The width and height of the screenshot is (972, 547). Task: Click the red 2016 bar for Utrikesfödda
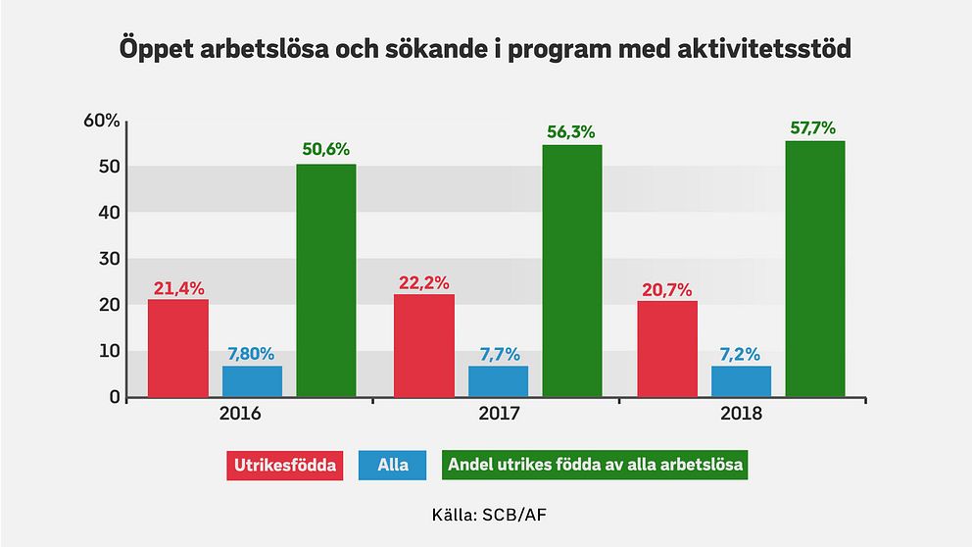pyautogui.click(x=178, y=348)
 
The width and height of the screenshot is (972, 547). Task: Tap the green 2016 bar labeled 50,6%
pyautogui.click(x=326, y=280)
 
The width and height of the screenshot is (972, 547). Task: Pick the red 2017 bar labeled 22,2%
pyautogui.click(x=424, y=345)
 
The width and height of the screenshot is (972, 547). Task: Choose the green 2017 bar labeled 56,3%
pyautogui.click(x=572, y=271)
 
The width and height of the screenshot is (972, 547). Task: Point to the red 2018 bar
pyautogui.click(x=667, y=349)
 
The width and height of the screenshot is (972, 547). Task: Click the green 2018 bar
pyautogui.click(x=815, y=269)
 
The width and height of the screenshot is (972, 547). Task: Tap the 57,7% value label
pyautogui.click(x=815, y=128)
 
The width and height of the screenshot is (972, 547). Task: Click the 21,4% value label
pyautogui.click(x=178, y=288)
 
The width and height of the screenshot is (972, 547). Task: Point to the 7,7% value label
pyautogui.click(x=498, y=354)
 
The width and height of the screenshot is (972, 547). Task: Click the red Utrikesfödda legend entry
pyautogui.click(x=286, y=465)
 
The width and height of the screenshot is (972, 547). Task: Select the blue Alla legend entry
pyautogui.click(x=393, y=465)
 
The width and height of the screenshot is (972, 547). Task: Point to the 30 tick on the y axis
pyautogui.click(x=109, y=259)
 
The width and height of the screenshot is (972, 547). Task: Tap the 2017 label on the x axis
pyautogui.click(x=498, y=415)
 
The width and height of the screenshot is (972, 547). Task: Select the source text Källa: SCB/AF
pyautogui.click(x=486, y=514)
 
